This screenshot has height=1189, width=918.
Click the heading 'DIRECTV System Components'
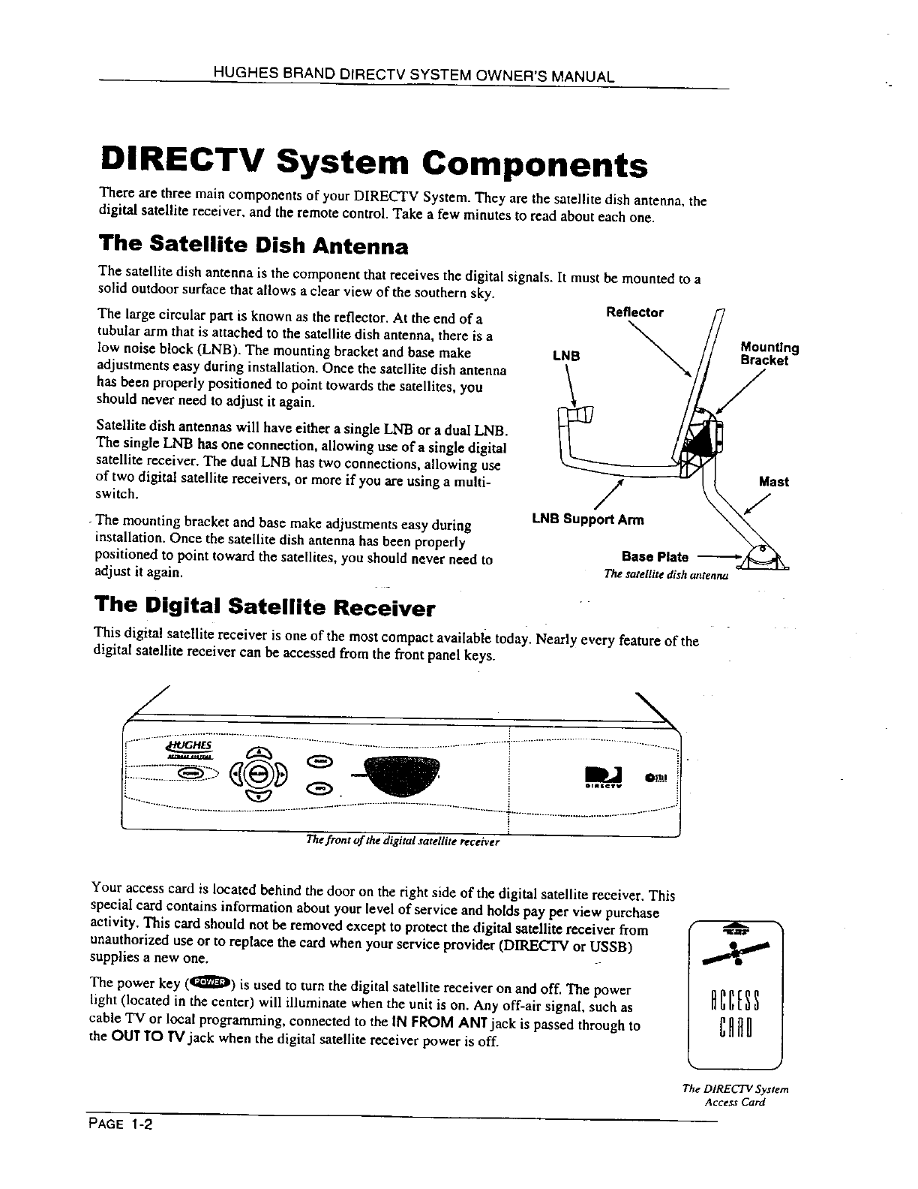click(373, 164)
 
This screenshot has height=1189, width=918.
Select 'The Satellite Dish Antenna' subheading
click(253, 245)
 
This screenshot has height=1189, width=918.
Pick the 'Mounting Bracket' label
click(769, 354)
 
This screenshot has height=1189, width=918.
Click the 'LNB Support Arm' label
click(587, 519)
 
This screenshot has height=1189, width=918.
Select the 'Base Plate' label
click(655, 556)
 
